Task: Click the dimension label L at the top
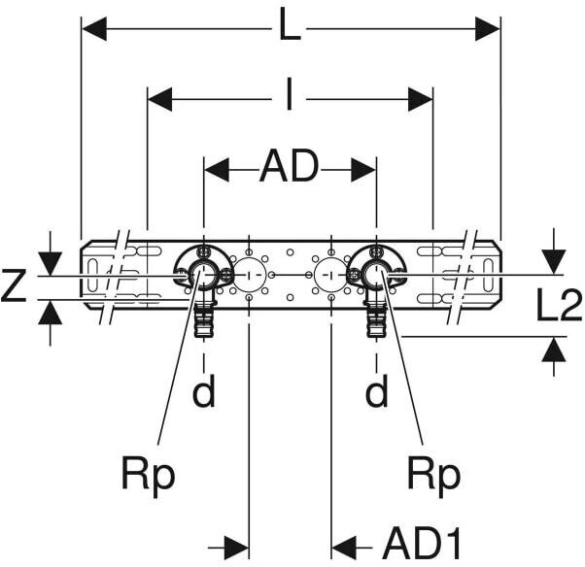point(290,27)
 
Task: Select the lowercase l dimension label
point(290,98)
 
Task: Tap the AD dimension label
point(290,169)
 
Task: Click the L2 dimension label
point(560,307)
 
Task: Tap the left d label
point(204,392)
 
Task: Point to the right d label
point(376,392)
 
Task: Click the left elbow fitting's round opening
point(205,277)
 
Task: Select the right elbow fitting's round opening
point(376,277)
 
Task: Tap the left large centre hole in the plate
point(249,276)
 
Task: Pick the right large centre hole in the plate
point(331,276)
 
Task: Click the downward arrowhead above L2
point(553,260)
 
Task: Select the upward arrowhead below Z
point(50,313)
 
